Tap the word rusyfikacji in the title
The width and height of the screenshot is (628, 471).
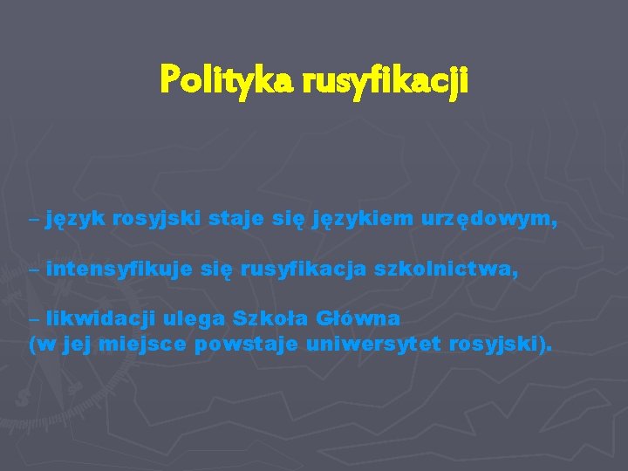pyautogui.click(x=386, y=81)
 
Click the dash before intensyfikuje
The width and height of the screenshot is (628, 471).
pyautogui.click(x=33, y=271)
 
